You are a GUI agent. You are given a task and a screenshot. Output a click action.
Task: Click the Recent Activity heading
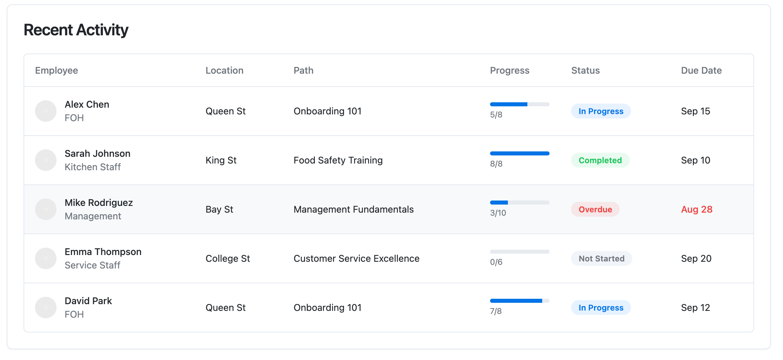click(76, 30)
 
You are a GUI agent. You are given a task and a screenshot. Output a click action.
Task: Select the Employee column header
click(57, 70)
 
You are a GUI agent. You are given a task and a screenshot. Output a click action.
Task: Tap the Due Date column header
click(701, 70)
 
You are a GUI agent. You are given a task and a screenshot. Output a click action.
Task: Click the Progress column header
click(510, 70)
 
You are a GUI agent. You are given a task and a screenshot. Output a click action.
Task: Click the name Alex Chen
click(87, 104)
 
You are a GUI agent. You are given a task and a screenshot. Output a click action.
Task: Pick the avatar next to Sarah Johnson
click(46, 160)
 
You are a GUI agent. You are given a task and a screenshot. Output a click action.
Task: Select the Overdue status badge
click(595, 209)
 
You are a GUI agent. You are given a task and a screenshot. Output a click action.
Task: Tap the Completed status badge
click(600, 160)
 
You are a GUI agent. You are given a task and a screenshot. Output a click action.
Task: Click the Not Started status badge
click(601, 258)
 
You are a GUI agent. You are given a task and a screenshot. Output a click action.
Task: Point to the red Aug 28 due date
click(697, 209)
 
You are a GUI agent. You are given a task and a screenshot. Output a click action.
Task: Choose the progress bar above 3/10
click(520, 203)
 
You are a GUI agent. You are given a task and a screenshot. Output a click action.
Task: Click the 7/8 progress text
click(496, 311)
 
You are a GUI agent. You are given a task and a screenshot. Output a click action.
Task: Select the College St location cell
click(228, 258)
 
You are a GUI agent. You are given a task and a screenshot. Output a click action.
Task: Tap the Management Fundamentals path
click(353, 209)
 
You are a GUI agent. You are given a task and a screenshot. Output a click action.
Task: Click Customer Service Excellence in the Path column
click(357, 258)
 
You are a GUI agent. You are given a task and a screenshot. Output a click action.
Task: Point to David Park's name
click(88, 301)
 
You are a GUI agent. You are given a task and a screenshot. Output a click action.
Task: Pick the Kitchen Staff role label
click(92, 167)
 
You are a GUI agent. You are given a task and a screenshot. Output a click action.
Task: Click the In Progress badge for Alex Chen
click(601, 111)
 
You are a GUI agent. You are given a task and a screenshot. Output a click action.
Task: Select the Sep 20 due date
click(696, 258)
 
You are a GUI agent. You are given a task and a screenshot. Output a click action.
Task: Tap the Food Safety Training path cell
click(338, 160)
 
